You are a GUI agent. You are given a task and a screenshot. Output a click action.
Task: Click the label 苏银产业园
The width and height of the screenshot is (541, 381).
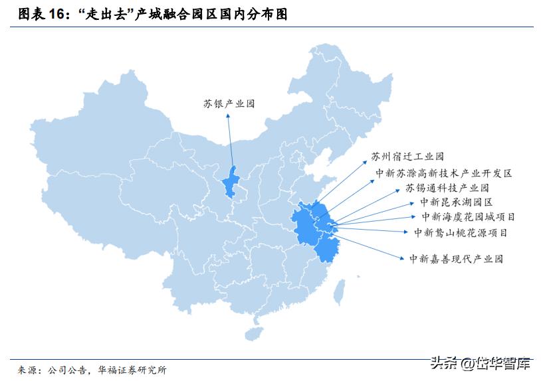click(x=229, y=104)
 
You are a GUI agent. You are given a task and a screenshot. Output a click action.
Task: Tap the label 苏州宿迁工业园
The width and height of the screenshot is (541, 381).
click(x=407, y=157)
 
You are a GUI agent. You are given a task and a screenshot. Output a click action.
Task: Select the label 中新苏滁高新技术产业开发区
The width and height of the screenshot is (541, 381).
click(x=443, y=173)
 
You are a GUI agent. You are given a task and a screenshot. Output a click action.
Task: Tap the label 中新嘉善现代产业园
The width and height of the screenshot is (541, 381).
click(x=456, y=258)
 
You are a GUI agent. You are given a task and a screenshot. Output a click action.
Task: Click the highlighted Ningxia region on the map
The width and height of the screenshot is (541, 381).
click(x=231, y=181)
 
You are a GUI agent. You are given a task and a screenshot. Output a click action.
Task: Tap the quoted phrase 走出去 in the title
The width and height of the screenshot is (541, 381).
click(x=106, y=15)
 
